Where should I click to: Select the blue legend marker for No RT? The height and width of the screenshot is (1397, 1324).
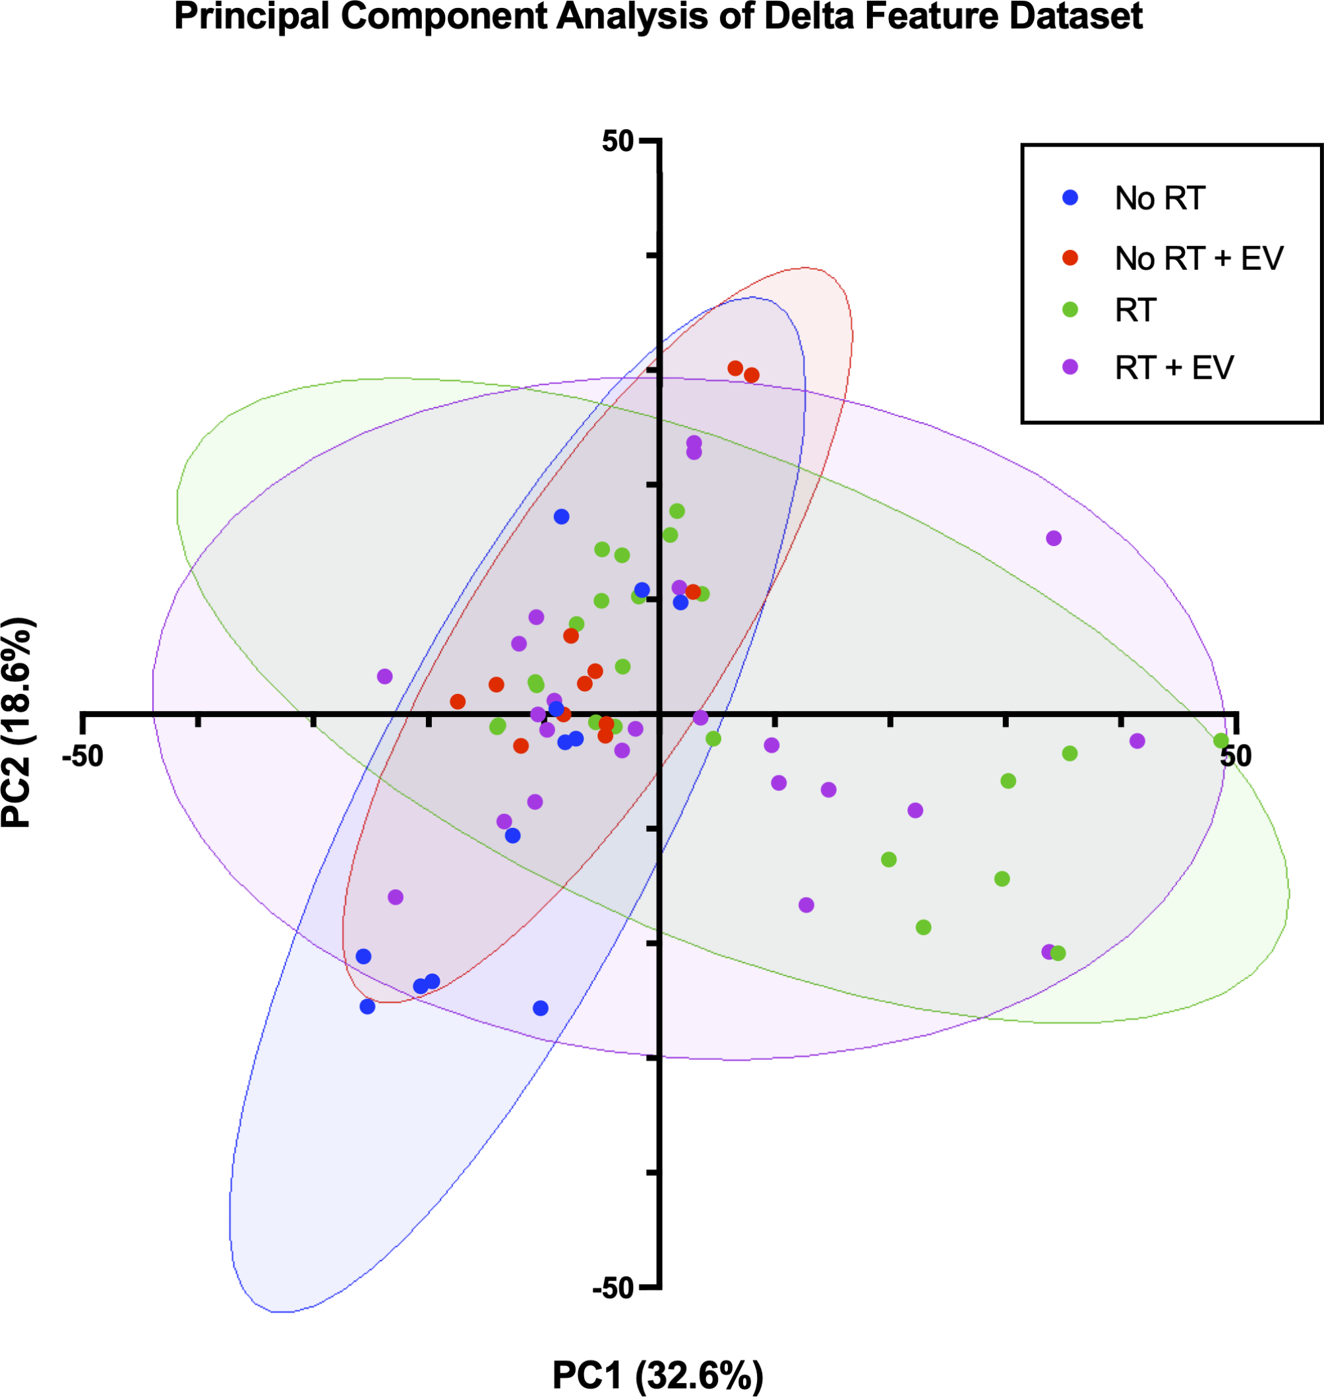[1071, 198]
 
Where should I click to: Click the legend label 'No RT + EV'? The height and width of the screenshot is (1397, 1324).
[1198, 259]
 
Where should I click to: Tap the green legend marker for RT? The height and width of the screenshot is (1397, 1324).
[1071, 309]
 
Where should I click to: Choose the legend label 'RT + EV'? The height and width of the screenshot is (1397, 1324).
[1174, 368]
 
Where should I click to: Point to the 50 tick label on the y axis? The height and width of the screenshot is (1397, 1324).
[618, 141]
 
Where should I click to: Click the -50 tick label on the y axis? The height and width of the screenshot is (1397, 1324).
[613, 1288]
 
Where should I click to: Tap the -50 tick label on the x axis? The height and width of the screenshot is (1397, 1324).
[83, 756]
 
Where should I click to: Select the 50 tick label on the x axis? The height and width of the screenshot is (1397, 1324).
[1235, 756]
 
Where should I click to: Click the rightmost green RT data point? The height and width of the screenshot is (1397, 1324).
[1221, 741]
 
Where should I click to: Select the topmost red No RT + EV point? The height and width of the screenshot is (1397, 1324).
[735, 369]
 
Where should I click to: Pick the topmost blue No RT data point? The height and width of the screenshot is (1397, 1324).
[562, 516]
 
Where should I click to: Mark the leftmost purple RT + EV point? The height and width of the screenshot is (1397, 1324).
[384, 676]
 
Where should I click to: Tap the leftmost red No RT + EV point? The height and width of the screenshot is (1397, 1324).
[458, 702]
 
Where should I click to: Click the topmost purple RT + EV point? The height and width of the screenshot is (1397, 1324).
[694, 443]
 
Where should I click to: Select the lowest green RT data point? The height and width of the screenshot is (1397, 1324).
[1058, 953]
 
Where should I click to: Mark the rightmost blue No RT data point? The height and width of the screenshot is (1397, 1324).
[681, 602]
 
